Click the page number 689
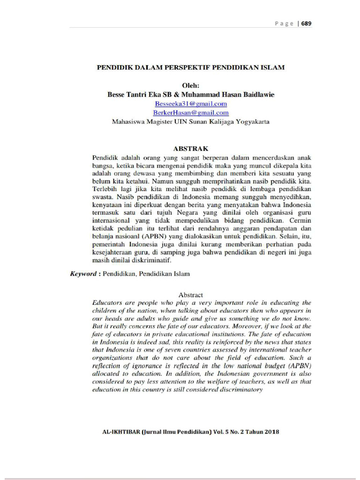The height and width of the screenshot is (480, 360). (x=306, y=23)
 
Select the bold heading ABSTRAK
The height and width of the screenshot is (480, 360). (x=190, y=148)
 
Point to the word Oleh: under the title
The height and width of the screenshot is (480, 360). (x=190, y=85)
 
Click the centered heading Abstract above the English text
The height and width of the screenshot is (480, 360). (x=190, y=295)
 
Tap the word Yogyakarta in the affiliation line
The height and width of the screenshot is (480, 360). (x=249, y=121)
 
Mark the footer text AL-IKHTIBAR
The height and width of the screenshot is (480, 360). (x=121, y=432)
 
